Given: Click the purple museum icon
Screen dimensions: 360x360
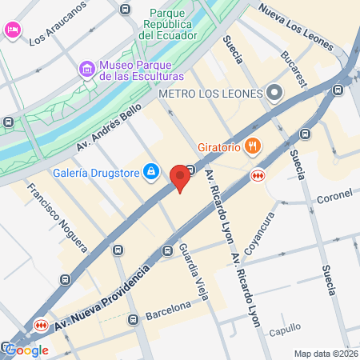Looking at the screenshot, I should click(87, 70).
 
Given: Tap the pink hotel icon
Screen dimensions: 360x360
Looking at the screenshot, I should click(13, 30).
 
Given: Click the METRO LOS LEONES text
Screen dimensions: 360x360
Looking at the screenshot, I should click(210, 94).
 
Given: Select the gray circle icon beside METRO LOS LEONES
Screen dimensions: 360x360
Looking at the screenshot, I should click(274, 94).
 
